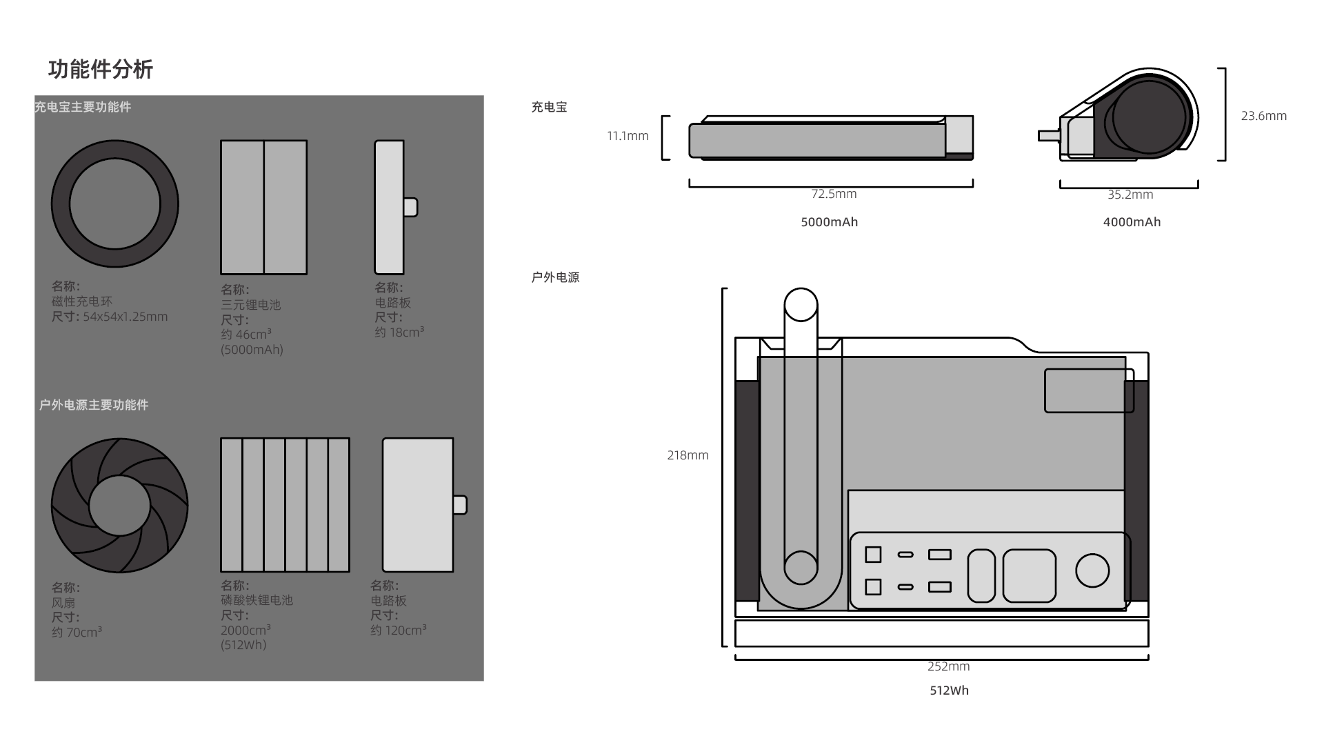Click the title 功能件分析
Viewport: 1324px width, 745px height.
[x=101, y=69]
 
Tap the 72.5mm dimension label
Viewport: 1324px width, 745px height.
[x=834, y=194]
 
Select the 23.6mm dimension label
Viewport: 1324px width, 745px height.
[x=1263, y=116]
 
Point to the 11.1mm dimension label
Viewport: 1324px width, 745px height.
[x=628, y=136]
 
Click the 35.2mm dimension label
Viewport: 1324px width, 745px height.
[x=1130, y=195]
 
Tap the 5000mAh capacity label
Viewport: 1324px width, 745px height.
[x=829, y=222]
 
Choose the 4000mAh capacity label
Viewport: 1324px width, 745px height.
[x=1132, y=222]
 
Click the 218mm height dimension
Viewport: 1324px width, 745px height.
[x=688, y=455]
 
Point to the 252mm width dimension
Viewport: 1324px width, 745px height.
[x=948, y=666]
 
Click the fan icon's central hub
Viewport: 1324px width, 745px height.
[x=119, y=506]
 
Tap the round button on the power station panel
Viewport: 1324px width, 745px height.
[x=1092, y=570]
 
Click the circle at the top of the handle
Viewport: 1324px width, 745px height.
[x=801, y=305]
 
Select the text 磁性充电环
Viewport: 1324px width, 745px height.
[x=81, y=301]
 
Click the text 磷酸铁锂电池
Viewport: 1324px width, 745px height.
[x=257, y=600]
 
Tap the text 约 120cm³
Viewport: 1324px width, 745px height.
[x=398, y=630]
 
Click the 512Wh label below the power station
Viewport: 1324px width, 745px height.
[x=949, y=691]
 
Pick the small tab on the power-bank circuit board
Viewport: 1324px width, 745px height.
[x=410, y=207]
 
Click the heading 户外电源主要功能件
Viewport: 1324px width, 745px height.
[x=94, y=405]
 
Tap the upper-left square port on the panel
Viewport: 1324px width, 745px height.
[x=873, y=554]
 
